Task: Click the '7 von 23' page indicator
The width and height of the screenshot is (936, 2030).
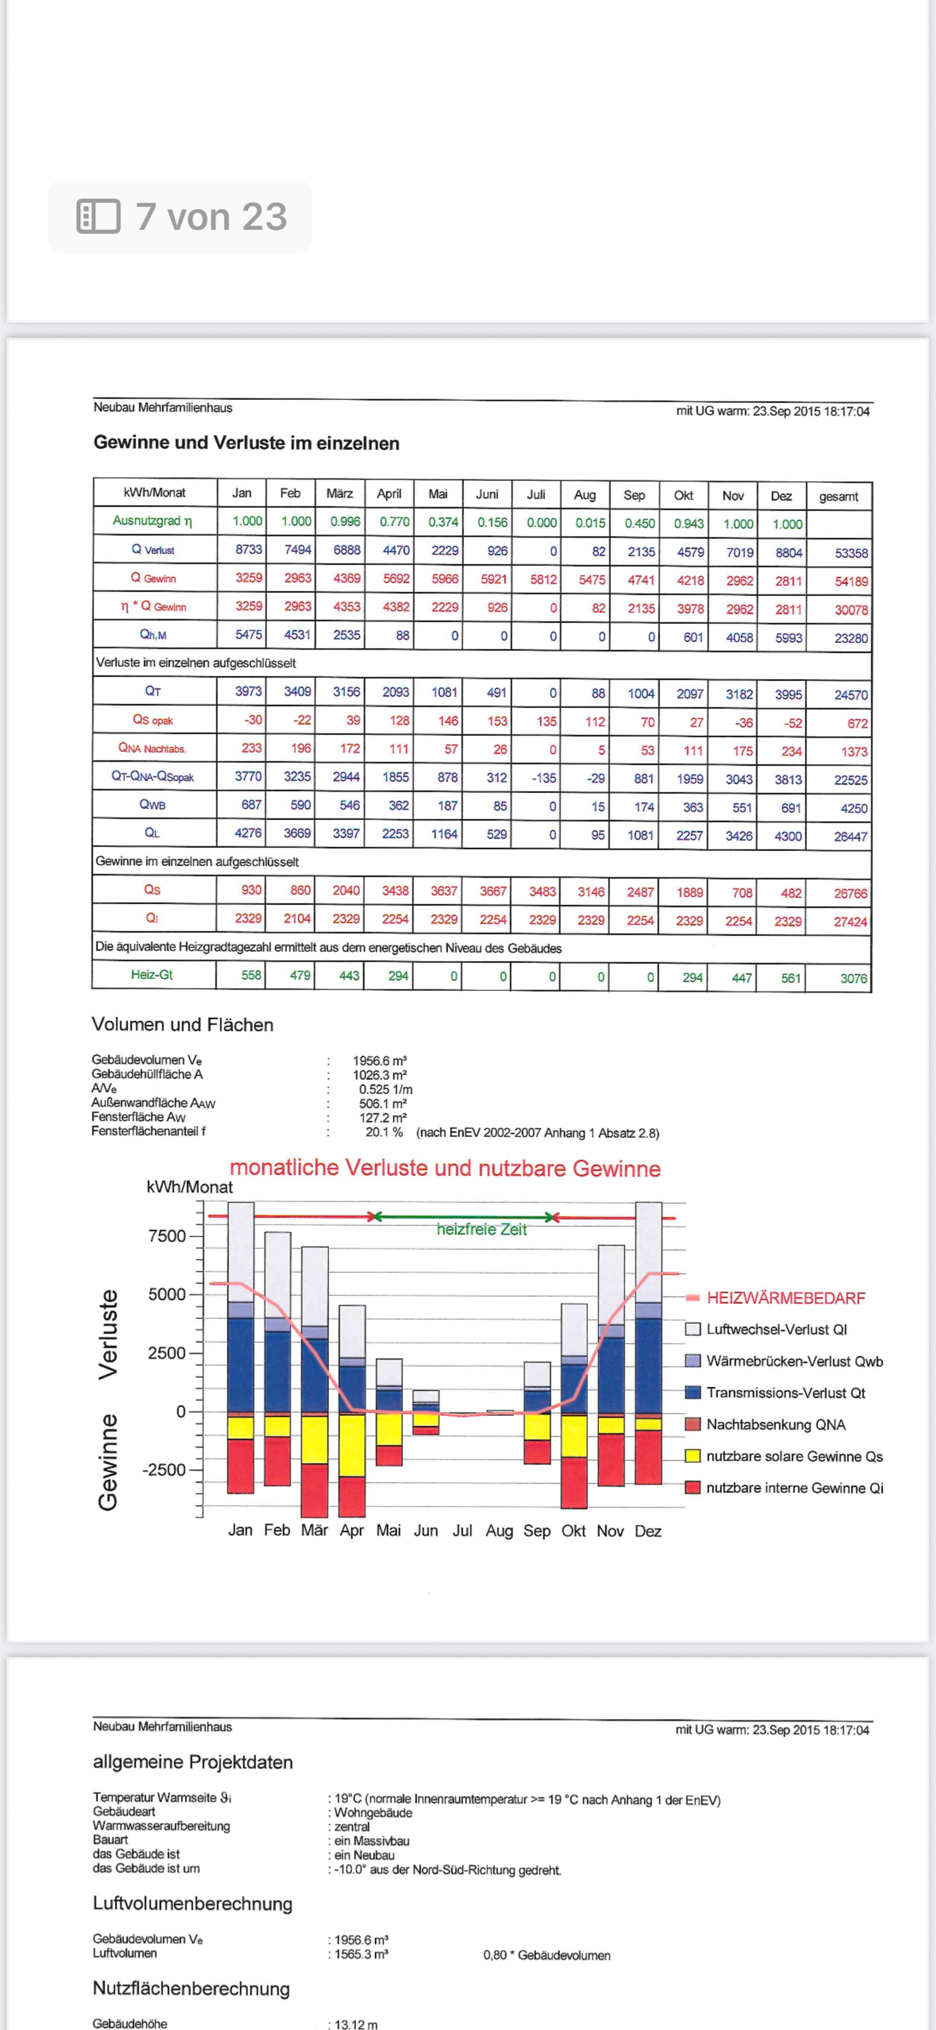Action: click(181, 217)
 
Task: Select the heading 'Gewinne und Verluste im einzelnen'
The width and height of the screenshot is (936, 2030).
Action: click(246, 443)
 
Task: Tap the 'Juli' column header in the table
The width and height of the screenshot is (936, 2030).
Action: click(536, 495)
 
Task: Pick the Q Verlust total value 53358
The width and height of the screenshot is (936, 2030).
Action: click(851, 553)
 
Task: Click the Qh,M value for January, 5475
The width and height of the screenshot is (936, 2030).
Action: click(248, 635)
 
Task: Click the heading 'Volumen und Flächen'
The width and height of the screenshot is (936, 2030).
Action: click(182, 1024)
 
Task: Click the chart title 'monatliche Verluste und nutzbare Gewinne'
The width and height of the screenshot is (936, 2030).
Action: click(445, 1168)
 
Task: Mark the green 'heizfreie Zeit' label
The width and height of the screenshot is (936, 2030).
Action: click(481, 1229)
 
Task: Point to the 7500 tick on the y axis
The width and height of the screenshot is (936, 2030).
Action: click(167, 1235)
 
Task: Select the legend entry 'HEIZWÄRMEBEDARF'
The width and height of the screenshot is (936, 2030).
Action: click(785, 1298)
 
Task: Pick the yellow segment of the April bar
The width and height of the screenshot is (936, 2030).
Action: click(351, 1445)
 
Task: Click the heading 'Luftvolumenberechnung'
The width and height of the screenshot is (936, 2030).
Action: click(192, 1903)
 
